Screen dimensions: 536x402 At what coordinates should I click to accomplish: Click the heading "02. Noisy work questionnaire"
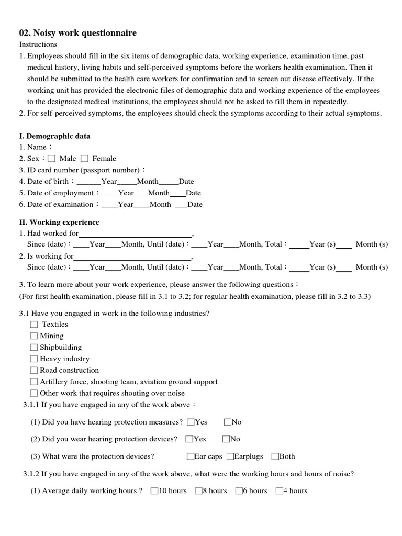click(x=77, y=33)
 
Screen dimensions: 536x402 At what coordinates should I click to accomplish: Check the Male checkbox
click(x=51, y=159)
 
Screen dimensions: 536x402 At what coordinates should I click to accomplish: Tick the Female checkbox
click(x=84, y=159)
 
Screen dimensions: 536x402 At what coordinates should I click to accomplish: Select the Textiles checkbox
click(x=34, y=325)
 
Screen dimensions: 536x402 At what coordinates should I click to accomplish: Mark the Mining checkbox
click(x=34, y=336)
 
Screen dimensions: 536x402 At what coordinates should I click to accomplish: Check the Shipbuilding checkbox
click(x=34, y=348)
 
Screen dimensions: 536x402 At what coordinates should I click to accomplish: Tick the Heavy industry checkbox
click(x=34, y=359)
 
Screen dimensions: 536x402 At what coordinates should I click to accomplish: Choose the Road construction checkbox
click(x=34, y=371)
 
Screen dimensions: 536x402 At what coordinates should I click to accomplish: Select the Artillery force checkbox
click(x=34, y=382)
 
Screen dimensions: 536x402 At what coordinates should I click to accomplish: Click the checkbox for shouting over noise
click(x=34, y=393)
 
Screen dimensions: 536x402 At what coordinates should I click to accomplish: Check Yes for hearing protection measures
click(x=191, y=422)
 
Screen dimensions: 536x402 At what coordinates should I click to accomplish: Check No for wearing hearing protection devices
click(x=227, y=439)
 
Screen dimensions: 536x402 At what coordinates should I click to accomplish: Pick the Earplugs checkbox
click(x=230, y=456)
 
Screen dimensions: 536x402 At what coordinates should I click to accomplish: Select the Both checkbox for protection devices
click(x=275, y=456)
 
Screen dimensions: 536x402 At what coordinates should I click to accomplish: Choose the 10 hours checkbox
click(x=154, y=491)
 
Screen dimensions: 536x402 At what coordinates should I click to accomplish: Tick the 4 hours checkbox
click(x=279, y=491)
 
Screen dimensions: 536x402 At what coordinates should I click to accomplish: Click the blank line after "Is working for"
click(x=132, y=257)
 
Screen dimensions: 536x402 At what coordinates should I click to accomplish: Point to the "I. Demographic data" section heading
click(x=54, y=136)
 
